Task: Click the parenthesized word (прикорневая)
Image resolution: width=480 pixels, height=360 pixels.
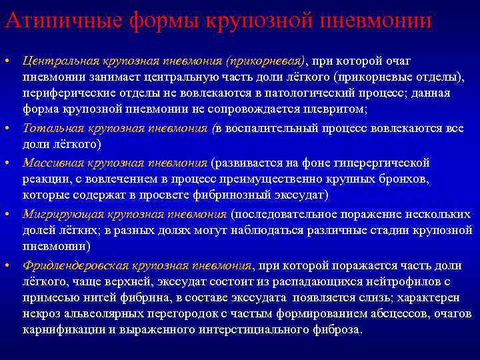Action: pyautogui.click(x=265, y=61)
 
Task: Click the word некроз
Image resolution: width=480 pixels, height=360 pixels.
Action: pyautogui.click(x=39, y=314)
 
